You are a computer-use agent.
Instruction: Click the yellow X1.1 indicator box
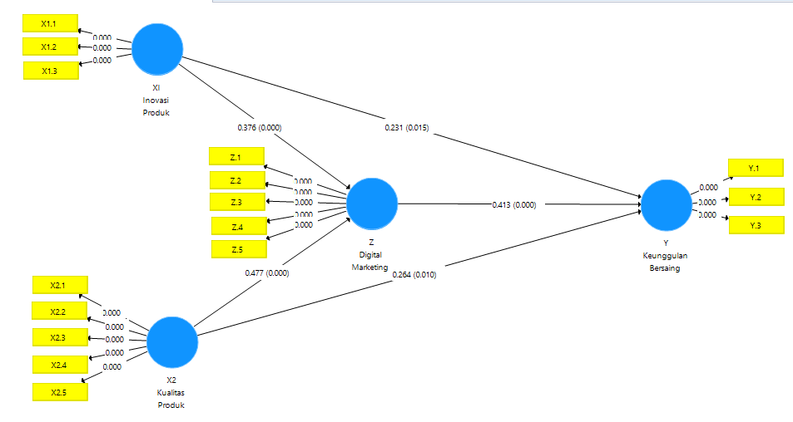(x=50, y=23)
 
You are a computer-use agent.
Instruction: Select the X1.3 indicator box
(x=50, y=71)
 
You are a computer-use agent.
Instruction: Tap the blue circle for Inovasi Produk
(x=156, y=50)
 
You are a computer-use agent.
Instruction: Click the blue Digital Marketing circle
(x=372, y=204)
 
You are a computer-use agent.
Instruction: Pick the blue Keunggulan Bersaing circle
(x=666, y=204)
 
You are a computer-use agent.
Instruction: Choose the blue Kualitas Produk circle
(x=172, y=342)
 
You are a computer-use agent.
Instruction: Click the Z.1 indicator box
(x=235, y=157)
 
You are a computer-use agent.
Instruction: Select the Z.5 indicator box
(x=238, y=248)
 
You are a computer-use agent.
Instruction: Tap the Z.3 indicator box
(x=236, y=202)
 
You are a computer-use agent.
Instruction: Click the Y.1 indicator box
(x=755, y=168)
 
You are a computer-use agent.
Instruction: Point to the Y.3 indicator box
(x=756, y=226)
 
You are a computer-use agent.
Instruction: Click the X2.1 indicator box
(x=58, y=285)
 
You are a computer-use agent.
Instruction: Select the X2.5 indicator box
(x=59, y=391)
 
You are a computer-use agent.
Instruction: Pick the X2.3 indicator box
(x=58, y=337)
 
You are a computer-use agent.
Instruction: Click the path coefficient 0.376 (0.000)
(x=260, y=127)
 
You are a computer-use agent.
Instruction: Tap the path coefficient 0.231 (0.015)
(x=407, y=128)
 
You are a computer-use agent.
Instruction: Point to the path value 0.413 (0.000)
(x=513, y=204)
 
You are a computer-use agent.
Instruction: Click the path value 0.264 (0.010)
(x=414, y=274)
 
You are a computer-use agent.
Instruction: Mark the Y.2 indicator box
(x=756, y=197)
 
